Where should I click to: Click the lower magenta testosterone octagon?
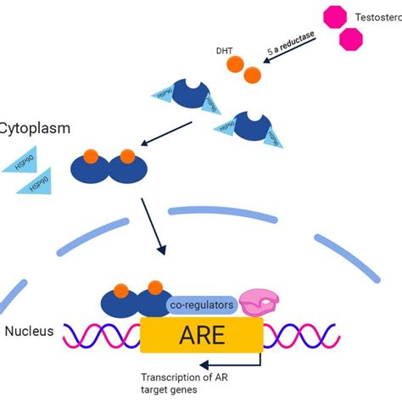pyautogui.click(x=352, y=39)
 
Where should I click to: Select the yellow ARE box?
pyautogui.click(x=202, y=335)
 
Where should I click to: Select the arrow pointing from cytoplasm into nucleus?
pyautogui.click(x=154, y=225)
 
